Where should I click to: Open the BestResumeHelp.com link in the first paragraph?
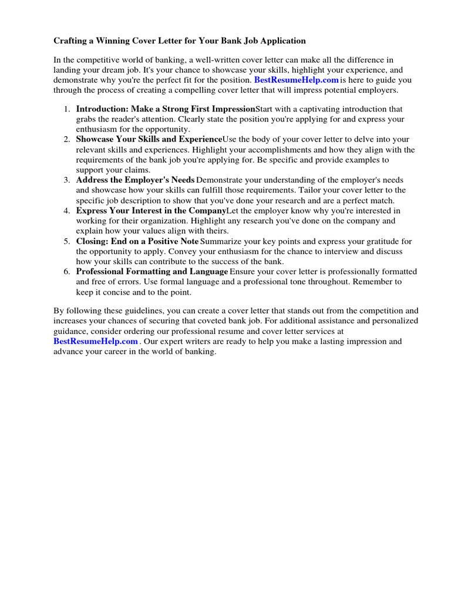pyautogui.click(x=297, y=80)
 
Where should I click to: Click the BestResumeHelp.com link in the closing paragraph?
pyautogui.click(x=96, y=341)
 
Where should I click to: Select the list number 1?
pyautogui.click(x=67, y=109)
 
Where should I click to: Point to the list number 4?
pyautogui.click(x=67, y=211)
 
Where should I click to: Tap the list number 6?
pyautogui.click(x=67, y=272)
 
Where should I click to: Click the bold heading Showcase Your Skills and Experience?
pyautogui.click(x=149, y=140)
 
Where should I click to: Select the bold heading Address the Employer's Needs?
pyautogui.click(x=135, y=180)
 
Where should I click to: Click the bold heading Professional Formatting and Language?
pyautogui.click(x=152, y=272)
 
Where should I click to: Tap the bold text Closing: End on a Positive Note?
pyautogui.click(x=137, y=241)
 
